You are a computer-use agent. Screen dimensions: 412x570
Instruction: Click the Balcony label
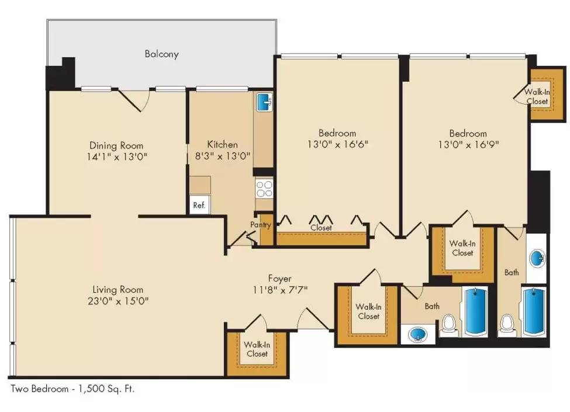(x=161, y=54)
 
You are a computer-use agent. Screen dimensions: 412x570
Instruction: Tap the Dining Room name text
(x=116, y=146)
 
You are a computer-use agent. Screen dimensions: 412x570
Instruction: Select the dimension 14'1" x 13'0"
(x=116, y=157)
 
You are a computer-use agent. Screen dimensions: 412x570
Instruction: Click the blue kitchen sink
(x=265, y=102)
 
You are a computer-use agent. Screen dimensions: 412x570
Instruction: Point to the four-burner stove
(x=264, y=188)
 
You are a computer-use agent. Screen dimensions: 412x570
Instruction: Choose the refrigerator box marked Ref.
(x=199, y=205)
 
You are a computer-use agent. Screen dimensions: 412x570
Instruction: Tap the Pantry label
(x=260, y=225)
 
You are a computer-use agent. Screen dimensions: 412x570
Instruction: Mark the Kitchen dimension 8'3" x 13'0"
(x=222, y=156)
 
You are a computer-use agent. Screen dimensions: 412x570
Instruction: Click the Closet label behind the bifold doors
(x=321, y=228)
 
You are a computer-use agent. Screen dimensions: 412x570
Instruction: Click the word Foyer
(x=279, y=279)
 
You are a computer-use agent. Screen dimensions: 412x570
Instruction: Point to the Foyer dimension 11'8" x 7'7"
(x=279, y=289)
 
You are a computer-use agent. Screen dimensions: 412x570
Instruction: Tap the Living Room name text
(x=118, y=289)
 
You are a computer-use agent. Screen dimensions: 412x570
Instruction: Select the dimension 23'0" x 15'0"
(x=118, y=301)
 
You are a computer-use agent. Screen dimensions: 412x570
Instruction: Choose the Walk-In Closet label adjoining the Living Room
(x=257, y=349)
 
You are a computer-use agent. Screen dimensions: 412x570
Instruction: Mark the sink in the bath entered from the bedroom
(x=537, y=258)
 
